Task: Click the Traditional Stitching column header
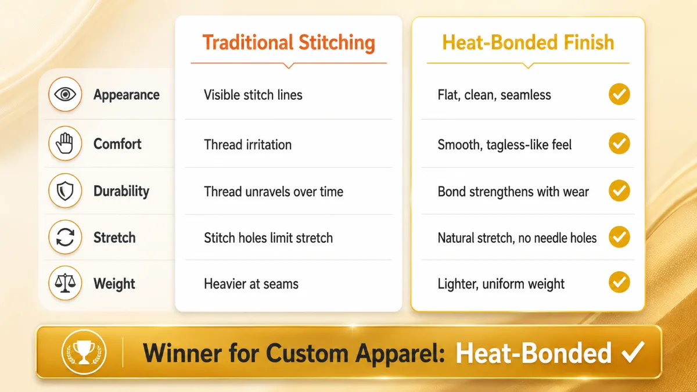pos(289,43)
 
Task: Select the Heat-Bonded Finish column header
pos(528,42)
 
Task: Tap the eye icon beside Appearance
pos(65,94)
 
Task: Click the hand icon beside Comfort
pos(65,143)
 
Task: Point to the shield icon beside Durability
pos(65,190)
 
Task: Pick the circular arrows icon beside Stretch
pos(65,237)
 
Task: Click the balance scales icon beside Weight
pos(65,283)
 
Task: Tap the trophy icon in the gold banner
pos(84,352)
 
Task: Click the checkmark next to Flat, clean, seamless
pos(619,94)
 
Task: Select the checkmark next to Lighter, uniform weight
pos(619,282)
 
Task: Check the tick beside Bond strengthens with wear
pos(619,190)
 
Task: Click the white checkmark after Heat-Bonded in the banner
pos(633,352)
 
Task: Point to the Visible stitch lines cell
pos(253,95)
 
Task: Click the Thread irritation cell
pos(247,145)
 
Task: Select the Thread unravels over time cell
pos(274,192)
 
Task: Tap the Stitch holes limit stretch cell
pos(268,238)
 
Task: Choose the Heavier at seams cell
pos(251,284)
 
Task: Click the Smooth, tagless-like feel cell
pos(504,145)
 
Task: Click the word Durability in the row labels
pos(121,191)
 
